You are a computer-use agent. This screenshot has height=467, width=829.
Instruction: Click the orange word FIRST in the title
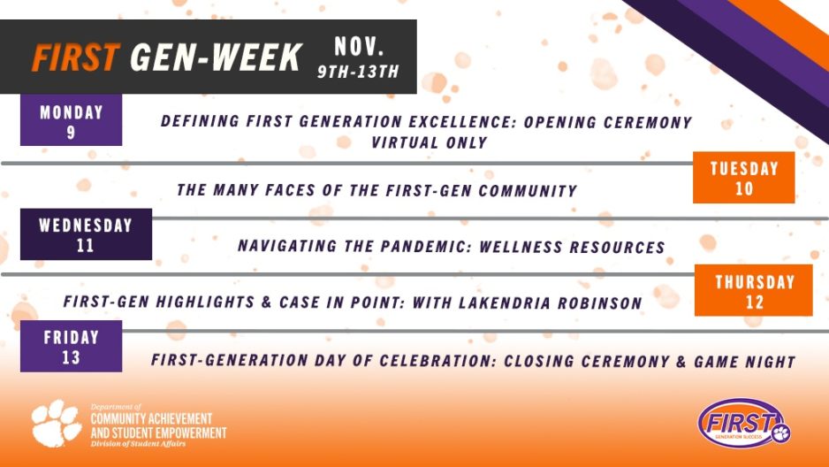(75, 58)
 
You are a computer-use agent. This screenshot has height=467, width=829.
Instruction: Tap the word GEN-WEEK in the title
(216, 58)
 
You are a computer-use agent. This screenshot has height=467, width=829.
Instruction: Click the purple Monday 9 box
(71, 122)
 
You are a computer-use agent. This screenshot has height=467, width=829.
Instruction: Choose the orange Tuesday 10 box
(744, 178)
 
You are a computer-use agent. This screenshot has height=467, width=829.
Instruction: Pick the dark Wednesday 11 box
(85, 234)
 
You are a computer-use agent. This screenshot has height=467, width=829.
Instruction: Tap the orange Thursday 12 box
(754, 291)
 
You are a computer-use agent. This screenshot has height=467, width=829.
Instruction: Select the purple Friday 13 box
(71, 347)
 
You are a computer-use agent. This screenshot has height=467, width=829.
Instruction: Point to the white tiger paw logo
(57, 424)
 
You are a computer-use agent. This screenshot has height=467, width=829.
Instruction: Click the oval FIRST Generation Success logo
(743, 423)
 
